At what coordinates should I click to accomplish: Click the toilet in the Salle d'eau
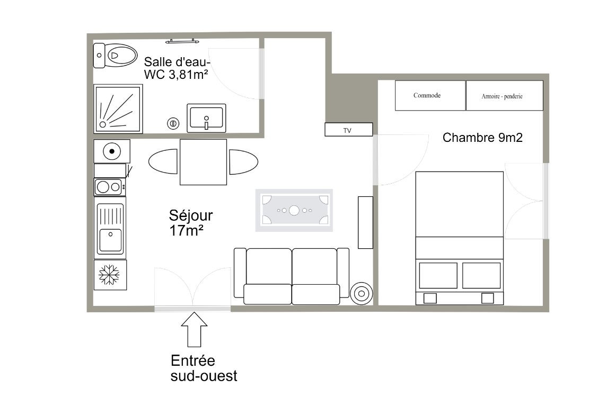(116, 56)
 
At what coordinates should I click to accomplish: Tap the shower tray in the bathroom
(118, 109)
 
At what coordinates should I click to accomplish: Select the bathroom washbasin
(206, 118)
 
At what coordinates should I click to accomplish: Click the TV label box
(349, 130)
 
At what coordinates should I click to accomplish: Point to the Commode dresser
(430, 96)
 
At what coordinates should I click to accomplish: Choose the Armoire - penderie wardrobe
(505, 96)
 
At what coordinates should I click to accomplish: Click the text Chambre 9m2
(482, 138)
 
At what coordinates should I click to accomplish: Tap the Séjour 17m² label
(191, 223)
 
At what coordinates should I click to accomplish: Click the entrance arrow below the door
(194, 330)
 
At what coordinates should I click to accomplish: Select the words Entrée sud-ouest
(204, 368)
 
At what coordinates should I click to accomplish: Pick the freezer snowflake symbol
(109, 275)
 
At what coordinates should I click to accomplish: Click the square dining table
(203, 162)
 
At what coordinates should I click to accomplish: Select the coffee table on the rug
(294, 210)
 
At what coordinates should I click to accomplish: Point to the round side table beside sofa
(361, 294)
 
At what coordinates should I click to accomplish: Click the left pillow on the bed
(438, 275)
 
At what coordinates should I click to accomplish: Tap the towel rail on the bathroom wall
(182, 41)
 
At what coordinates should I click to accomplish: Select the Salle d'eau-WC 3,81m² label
(177, 68)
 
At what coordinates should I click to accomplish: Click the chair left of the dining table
(163, 162)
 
